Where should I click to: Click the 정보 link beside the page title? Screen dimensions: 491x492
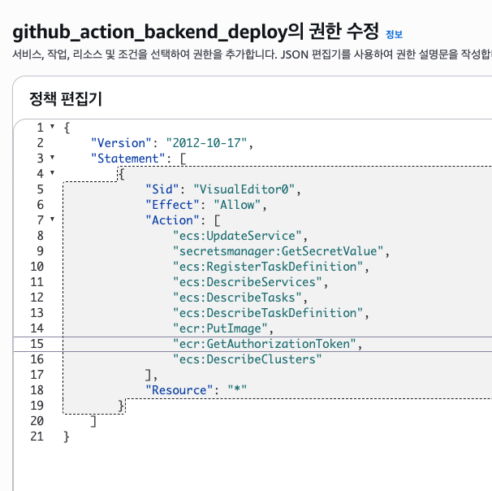[394, 35]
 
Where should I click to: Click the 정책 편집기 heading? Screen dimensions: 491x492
[65, 99]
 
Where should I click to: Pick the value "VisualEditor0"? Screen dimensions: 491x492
[252, 189]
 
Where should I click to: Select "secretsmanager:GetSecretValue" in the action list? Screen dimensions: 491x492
[278, 251]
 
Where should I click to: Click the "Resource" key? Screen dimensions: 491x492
[179, 390]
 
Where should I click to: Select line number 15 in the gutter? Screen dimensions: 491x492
[36, 344]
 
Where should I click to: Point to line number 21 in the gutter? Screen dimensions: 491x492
[36, 437]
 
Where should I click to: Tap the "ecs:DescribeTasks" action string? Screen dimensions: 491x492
[239, 298]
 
